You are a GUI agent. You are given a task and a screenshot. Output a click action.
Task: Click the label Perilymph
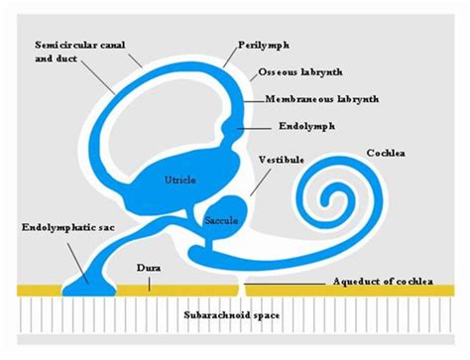pos(264,46)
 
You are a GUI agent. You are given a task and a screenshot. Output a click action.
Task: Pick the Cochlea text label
pos(386,153)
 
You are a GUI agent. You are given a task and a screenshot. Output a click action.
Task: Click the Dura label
pos(149,267)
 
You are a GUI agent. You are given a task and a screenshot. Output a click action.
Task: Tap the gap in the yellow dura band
pos(239,289)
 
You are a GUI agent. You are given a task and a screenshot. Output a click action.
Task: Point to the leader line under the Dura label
pos(149,282)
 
